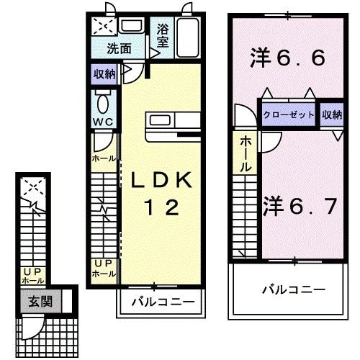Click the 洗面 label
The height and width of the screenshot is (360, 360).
pos(120,49)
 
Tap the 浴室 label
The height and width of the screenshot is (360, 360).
pos(163,37)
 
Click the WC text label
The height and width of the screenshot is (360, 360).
pos(102,122)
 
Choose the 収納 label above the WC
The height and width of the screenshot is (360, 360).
pos(104,73)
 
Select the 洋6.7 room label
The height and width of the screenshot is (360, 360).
pos(300,207)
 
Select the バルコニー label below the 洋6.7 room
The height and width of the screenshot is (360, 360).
pos(292,289)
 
